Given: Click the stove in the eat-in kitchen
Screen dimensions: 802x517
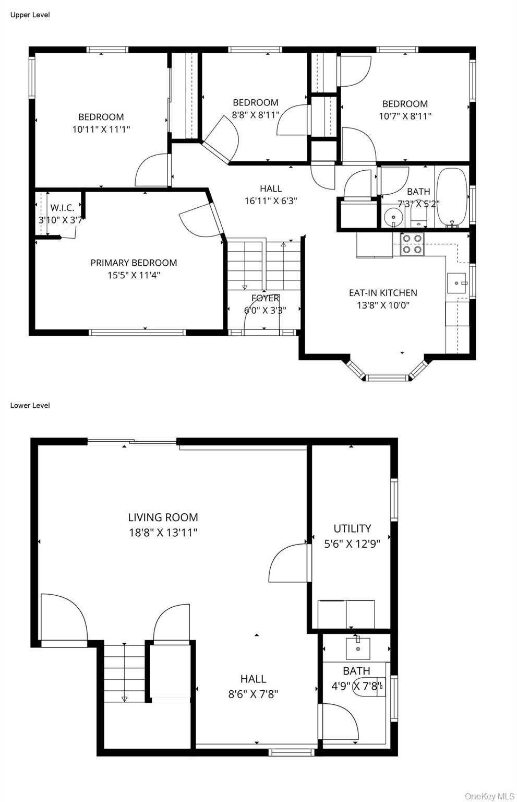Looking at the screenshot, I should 412,244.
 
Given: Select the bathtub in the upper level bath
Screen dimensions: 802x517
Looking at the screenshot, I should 452,197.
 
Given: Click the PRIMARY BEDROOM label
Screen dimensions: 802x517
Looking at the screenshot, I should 134,263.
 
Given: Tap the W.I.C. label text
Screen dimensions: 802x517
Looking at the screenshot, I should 62,207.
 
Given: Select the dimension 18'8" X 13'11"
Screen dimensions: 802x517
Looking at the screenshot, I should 163,533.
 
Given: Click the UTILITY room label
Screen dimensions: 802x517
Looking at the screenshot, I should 352,528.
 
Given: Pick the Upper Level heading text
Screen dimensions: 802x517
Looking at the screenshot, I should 30,15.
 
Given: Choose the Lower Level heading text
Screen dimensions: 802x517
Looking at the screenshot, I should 30,405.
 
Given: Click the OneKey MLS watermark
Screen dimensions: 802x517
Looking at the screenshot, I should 489,796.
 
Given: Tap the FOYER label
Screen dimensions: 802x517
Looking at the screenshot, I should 265,298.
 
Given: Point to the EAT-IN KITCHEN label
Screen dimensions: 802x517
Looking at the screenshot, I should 383,293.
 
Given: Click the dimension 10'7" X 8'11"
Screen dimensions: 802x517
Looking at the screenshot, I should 405,116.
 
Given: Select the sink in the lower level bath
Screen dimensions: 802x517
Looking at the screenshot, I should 358,648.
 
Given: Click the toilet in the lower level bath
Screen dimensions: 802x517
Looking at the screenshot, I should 371,686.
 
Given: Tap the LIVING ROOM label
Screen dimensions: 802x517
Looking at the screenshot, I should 163,517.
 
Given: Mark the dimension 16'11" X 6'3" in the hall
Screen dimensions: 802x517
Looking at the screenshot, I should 271,200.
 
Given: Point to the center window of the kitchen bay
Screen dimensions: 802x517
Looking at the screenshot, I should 386,378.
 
